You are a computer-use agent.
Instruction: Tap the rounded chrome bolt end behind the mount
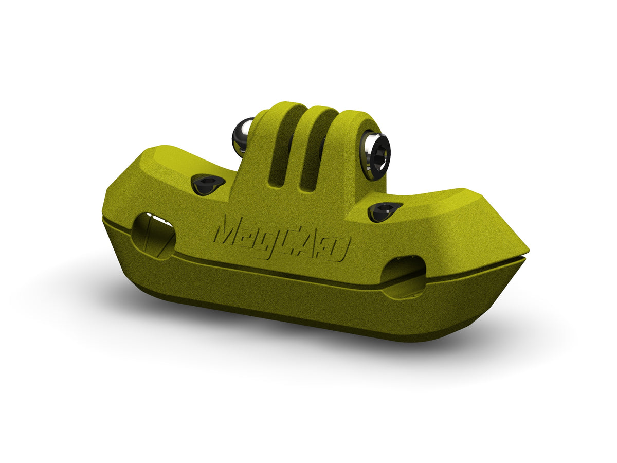click(x=242, y=135)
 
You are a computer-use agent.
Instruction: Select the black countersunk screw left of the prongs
click(x=207, y=184)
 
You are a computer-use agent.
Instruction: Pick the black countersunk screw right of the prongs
click(x=384, y=211)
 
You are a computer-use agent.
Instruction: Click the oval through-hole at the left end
click(x=153, y=236)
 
